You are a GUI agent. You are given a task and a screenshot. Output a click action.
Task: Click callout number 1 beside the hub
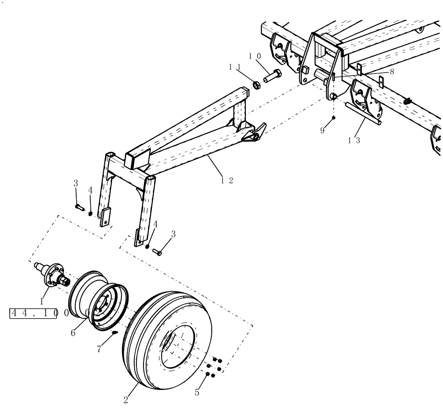pyautogui.click(x=41, y=301)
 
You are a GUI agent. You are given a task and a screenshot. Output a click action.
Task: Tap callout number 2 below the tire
pyautogui.click(x=126, y=400)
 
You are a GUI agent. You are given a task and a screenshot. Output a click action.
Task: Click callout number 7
pyautogui.click(x=99, y=349)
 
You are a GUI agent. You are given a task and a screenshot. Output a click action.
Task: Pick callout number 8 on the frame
pyautogui.click(x=392, y=71)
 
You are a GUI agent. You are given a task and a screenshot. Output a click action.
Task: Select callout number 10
pyautogui.click(x=254, y=56)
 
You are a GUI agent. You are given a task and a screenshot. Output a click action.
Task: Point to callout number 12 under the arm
pyautogui.click(x=229, y=180)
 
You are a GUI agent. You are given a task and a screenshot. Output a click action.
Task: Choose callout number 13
pyautogui.click(x=354, y=140)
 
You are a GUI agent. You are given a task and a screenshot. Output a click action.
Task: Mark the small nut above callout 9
pyautogui.click(x=334, y=118)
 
